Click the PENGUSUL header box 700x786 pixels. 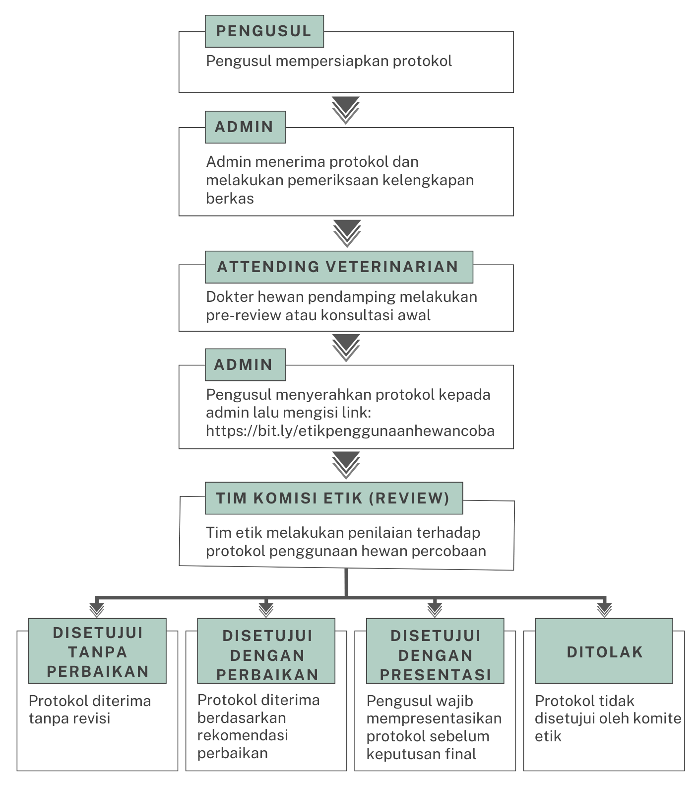click(264, 31)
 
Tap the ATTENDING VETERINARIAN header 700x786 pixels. click(339, 267)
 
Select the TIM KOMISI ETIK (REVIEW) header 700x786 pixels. click(334, 498)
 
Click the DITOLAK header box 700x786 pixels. click(604, 651)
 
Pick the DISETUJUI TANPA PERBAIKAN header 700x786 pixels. click(97, 651)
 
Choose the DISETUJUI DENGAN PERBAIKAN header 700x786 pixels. click(266, 651)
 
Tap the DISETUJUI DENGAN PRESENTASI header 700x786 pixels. click(435, 651)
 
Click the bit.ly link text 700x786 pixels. click(350, 430)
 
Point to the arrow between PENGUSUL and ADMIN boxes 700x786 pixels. click(346, 110)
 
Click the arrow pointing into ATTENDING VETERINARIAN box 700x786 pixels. click(347, 233)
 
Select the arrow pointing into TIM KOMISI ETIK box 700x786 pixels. click(346, 465)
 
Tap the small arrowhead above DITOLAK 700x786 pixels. click(604, 610)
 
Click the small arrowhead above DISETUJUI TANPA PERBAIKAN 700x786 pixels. click(97, 610)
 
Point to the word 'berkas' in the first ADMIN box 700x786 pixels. click(230, 199)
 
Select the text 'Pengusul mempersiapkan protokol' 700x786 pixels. click(329, 61)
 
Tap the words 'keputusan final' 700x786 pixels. click(421, 754)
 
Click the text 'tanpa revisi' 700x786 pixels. click(69, 718)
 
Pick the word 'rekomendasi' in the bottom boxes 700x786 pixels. click(243, 735)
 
